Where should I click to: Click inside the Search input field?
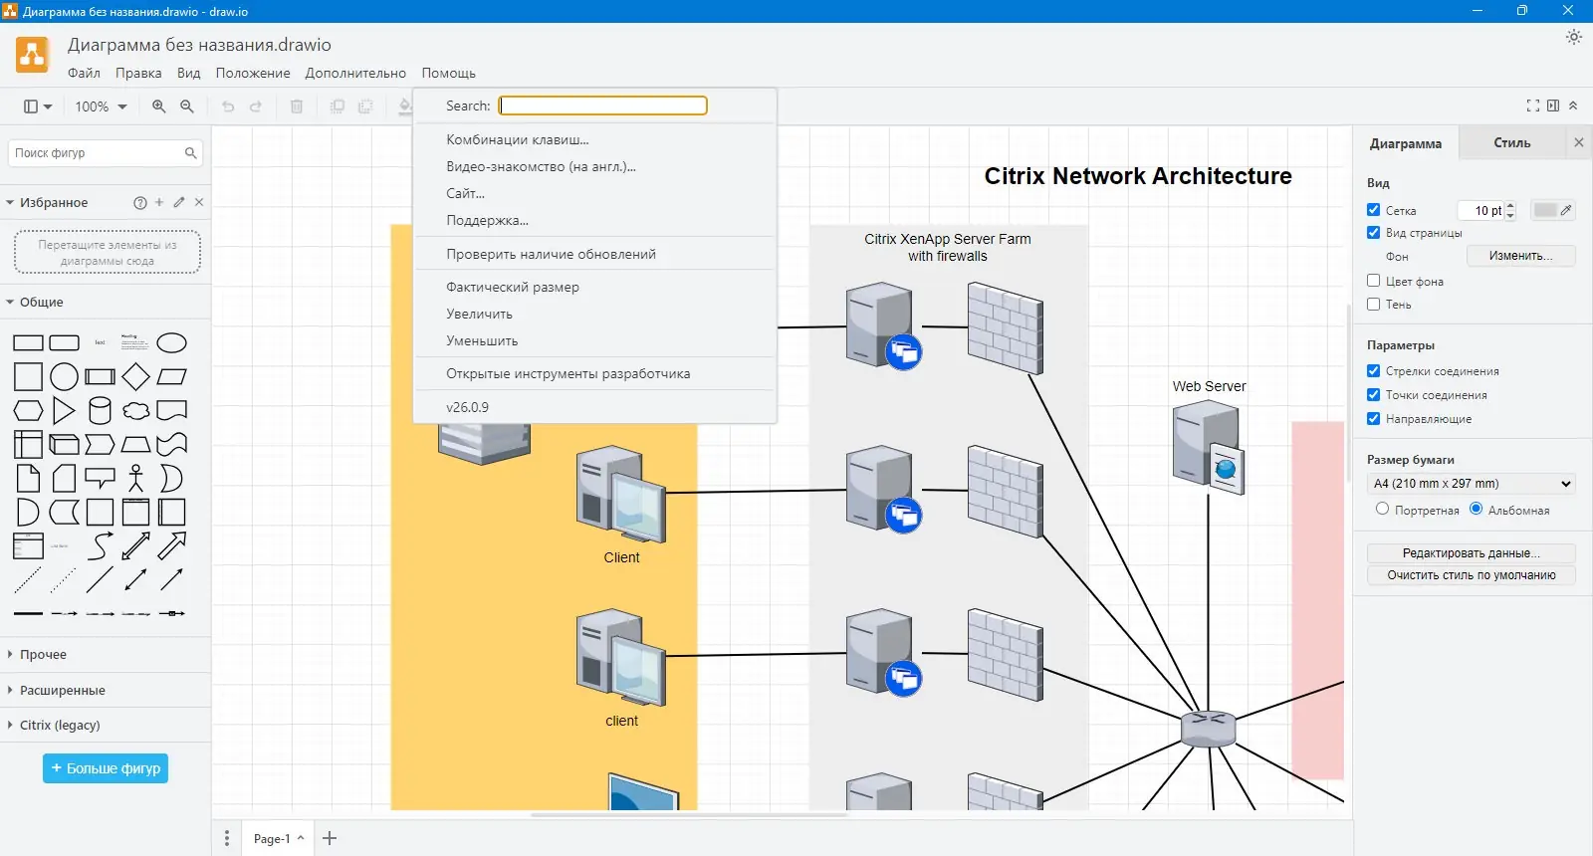pos(602,106)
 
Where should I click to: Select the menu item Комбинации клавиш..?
pos(517,139)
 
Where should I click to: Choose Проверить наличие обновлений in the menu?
pos(551,254)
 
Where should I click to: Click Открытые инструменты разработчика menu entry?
pos(568,373)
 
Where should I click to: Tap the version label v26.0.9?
pos(467,407)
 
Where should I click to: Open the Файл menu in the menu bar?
pos(84,73)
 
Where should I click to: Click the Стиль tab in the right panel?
pos(1511,143)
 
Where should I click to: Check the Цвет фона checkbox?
pos(1374,281)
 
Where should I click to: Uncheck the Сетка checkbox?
pos(1374,210)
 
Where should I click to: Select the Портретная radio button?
pos(1382,509)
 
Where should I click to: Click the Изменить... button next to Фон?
pos(1520,256)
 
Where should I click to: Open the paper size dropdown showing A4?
pos(1472,484)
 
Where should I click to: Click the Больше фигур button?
pos(106,768)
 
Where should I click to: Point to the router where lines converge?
pos(1208,729)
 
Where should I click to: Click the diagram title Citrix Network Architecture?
pos(1138,176)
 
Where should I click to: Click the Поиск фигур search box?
pos(98,153)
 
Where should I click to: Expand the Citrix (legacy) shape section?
pos(60,725)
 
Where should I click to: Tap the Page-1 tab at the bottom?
pos(272,838)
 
